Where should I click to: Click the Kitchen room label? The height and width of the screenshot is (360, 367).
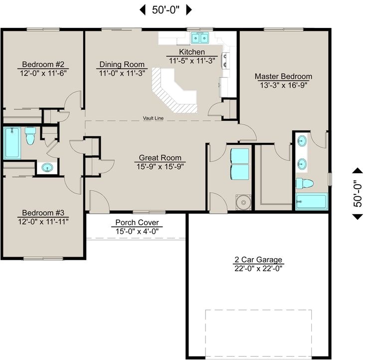click(x=192, y=52)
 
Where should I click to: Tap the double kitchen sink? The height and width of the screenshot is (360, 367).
click(x=200, y=37)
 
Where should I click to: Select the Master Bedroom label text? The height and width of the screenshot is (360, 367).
click(x=283, y=76)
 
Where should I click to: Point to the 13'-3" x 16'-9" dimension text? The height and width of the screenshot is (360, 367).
click(x=283, y=85)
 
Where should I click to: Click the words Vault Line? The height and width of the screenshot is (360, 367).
click(x=153, y=118)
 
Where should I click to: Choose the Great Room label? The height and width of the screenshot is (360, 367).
click(x=160, y=158)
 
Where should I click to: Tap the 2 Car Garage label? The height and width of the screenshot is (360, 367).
click(x=258, y=260)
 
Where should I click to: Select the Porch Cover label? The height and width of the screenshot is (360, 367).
click(x=137, y=222)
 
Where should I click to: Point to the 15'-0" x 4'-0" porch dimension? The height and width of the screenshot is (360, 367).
click(x=137, y=231)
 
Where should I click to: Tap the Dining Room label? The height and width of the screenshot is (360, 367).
click(x=122, y=64)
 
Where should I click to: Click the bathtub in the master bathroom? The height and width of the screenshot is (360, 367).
click(x=311, y=202)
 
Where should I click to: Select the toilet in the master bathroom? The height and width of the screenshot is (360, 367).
click(x=304, y=183)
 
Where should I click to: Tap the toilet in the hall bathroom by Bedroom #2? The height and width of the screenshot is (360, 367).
click(x=30, y=135)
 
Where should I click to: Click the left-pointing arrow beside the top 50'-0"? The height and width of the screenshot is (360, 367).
click(x=142, y=9)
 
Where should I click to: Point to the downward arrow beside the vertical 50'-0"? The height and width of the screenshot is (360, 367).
click(x=357, y=216)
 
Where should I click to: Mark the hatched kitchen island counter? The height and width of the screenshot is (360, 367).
click(x=172, y=92)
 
